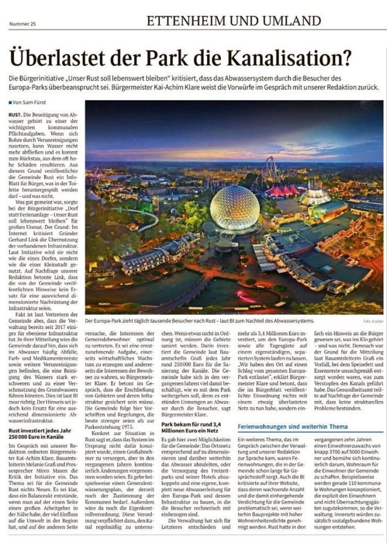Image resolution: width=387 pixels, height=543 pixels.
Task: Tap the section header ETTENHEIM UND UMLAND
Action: point(234,21)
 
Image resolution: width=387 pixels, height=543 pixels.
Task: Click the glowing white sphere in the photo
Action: point(234,207)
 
